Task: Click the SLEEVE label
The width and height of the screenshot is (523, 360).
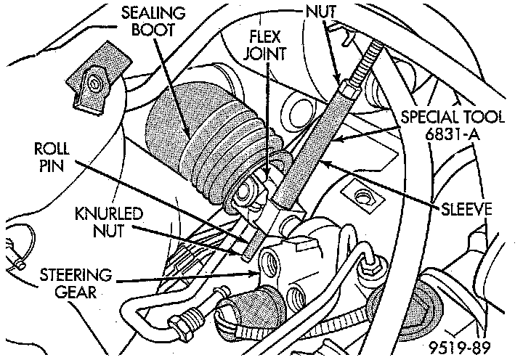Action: (465, 210)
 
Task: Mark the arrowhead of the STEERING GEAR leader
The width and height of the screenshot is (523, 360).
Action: (256, 273)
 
